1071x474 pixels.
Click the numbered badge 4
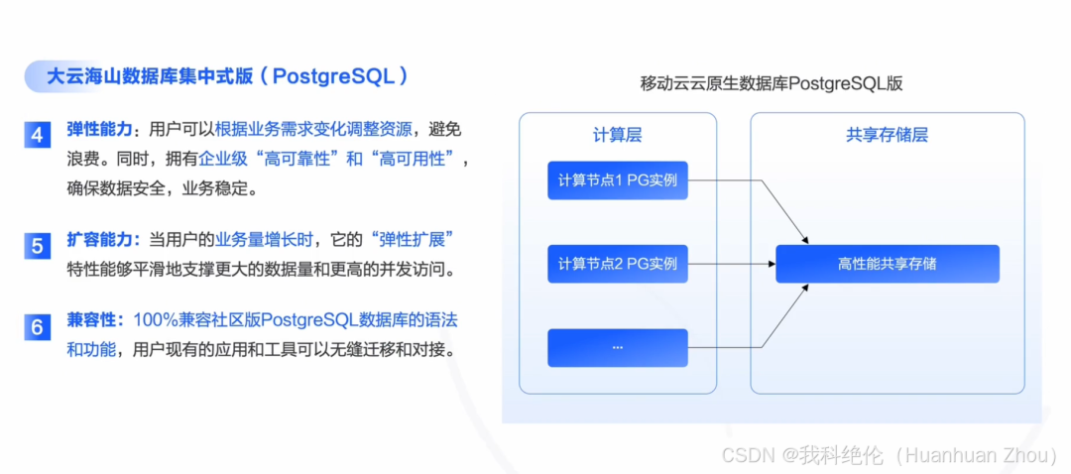37,135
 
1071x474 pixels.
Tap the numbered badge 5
37,244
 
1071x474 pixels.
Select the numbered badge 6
37,326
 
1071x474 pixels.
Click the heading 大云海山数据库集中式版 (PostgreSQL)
228,76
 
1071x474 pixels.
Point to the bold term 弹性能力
98,130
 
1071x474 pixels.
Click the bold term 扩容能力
98,239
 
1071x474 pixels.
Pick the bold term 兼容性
92,320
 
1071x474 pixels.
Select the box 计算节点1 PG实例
617,180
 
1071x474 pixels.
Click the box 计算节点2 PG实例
617,264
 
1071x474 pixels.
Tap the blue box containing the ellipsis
617,347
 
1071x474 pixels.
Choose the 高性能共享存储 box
887,264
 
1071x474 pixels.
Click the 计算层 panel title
617,135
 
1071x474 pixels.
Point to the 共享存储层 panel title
887,135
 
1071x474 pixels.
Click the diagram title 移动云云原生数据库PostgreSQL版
771,84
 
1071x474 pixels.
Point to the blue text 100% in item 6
156,320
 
